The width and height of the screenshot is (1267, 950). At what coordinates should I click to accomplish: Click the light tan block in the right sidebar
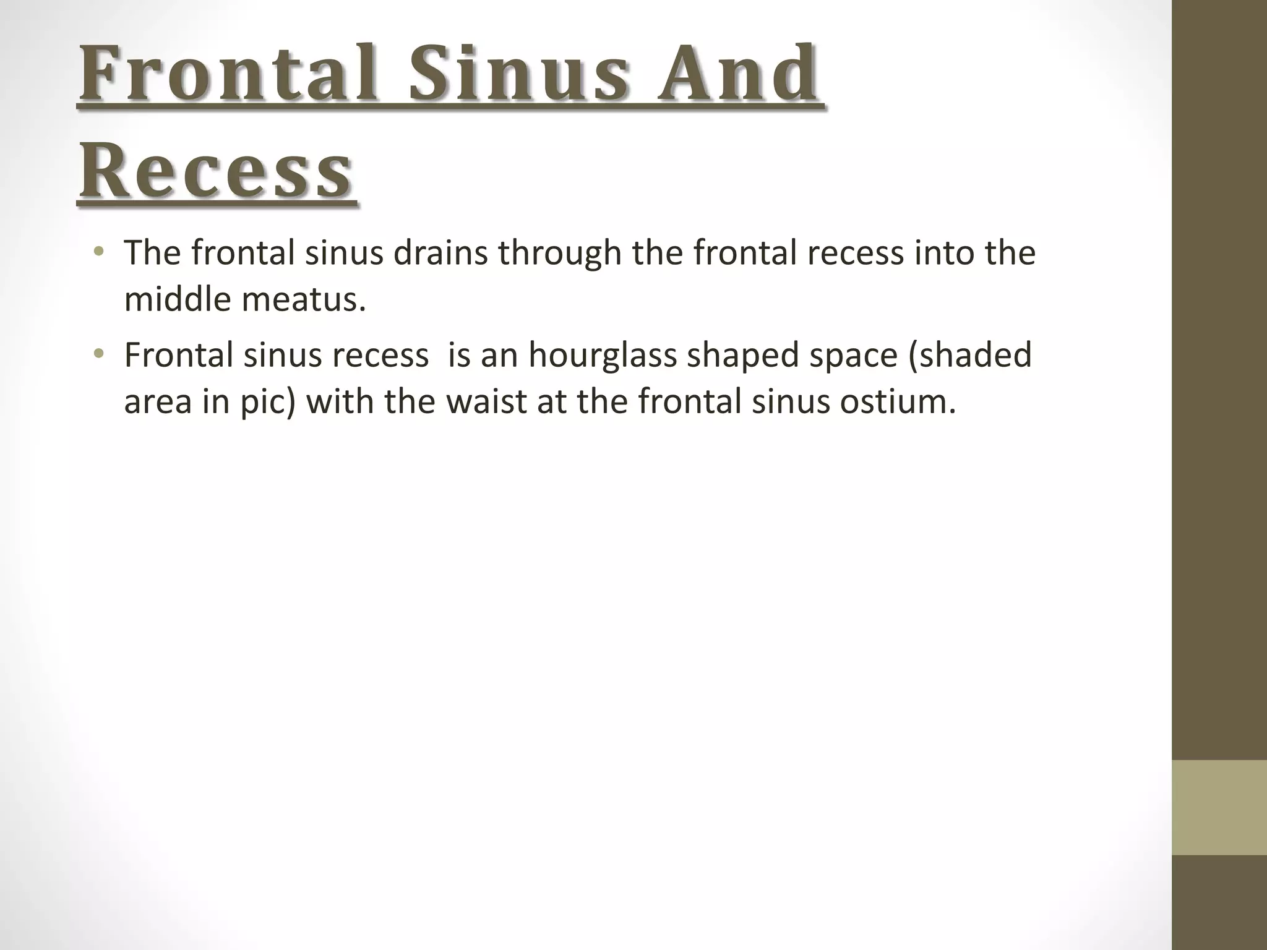pos(1219,807)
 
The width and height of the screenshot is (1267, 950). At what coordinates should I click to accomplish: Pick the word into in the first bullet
pos(938,253)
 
